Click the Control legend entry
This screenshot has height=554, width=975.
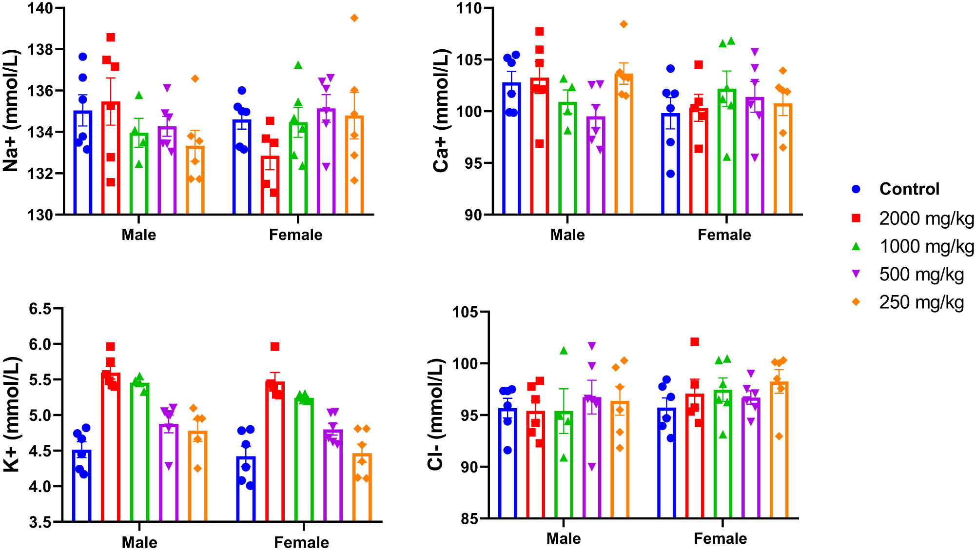pyautogui.click(x=909, y=189)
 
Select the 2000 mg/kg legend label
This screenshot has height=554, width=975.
pyautogui.click(x=926, y=218)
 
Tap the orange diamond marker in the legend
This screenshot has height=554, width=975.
pyautogui.click(x=856, y=302)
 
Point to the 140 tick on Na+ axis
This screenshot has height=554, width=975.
pyautogui.click(x=39, y=8)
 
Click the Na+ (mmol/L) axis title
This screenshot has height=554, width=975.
pyautogui.click(x=11, y=111)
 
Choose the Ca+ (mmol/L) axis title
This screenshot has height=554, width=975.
pyautogui.click(x=441, y=111)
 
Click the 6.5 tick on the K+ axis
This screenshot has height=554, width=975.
pyautogui.click(x=40, y=309)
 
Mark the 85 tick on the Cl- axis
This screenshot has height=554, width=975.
pyautogui.click(x=469, y=518)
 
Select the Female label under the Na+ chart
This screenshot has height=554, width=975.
pyautogui.click(x=295, y=235)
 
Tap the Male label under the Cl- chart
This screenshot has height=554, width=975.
pyautogui.click(x=563, y=538)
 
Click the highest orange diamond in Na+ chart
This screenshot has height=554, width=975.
pyautogui.click(x=354, y=18)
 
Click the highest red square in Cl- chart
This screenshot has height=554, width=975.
pyautogui.click(x=695, y=342)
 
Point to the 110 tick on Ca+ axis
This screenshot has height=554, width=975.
pyautogui.click(x=468, y=8)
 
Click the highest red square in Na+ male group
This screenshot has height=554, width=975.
pyautogui.click(x=111, y=38)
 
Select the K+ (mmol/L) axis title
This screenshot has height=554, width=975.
pyautogui.click(x=12, y=415)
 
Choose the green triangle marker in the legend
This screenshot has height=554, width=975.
pyautogui.click(x=856, y=246)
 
